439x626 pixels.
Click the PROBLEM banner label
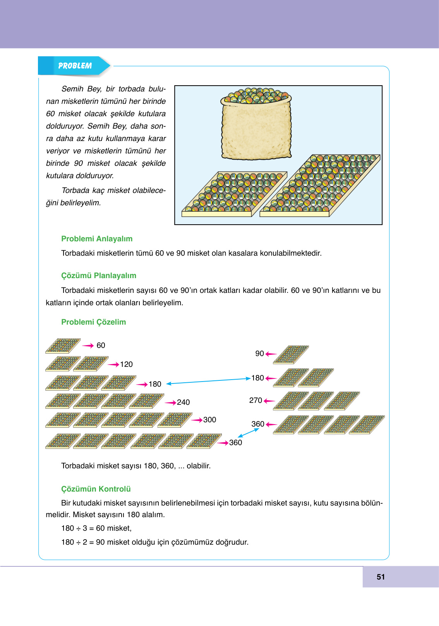75,66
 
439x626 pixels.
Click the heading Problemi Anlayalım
97,239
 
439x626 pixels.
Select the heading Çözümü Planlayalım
99,275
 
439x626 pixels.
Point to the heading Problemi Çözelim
94,322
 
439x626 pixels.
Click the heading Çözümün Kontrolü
96,489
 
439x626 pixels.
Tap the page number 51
381,577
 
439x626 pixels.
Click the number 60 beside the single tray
101,345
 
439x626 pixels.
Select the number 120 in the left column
126,364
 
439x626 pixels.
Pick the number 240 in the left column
183,402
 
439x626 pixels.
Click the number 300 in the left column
209,420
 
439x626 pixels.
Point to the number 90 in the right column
259,353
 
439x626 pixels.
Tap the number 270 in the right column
256,400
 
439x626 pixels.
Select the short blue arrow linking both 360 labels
248,433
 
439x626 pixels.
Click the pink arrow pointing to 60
88,346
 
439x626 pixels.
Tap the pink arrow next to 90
271,354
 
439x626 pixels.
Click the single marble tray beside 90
291,354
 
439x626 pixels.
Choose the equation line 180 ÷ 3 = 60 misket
96,528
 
